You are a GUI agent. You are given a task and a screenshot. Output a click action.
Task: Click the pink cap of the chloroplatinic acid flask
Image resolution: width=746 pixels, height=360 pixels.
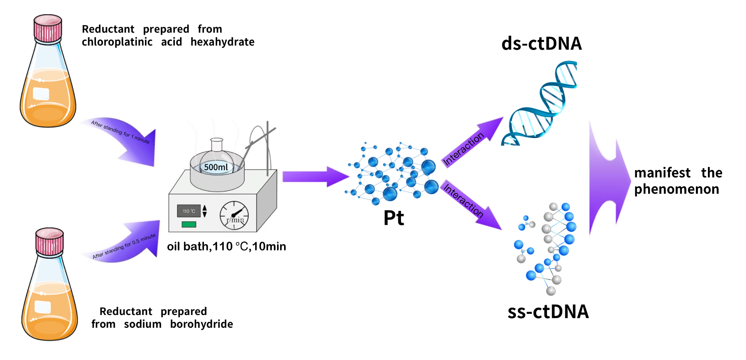pos(48,28)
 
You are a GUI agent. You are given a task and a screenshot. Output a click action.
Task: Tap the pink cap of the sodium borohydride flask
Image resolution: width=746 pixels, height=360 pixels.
pos(49,241)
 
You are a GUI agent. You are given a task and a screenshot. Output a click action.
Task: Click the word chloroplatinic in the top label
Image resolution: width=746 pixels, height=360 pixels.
pos(117,42)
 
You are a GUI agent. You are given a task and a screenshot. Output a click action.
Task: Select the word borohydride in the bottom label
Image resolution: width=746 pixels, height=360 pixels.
pos(201,324)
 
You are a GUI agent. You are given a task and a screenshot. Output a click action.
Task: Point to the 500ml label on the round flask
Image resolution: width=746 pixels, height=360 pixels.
pos(216,167)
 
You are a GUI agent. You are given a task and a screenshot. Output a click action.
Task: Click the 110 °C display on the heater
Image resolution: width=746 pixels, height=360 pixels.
pos(189,211)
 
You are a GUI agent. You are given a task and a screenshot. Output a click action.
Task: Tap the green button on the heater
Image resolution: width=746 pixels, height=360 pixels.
pos(189,224)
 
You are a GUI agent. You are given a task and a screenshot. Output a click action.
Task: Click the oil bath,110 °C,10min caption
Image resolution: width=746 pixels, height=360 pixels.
pos(227,246)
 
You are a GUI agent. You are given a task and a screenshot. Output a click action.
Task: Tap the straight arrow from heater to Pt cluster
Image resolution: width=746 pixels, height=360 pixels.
pos(316,177)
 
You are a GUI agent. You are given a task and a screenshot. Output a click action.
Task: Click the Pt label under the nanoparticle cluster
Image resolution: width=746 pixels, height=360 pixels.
pos(394,218)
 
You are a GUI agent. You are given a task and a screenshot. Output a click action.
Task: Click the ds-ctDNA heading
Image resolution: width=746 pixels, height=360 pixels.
pos(542,43)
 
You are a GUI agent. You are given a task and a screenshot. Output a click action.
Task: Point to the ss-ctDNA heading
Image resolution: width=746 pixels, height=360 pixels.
pos(548,311)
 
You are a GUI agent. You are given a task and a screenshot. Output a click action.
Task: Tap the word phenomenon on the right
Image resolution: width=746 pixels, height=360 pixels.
pos(676,190)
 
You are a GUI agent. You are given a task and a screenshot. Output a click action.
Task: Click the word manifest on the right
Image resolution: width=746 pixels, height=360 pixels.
pos(662,172)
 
